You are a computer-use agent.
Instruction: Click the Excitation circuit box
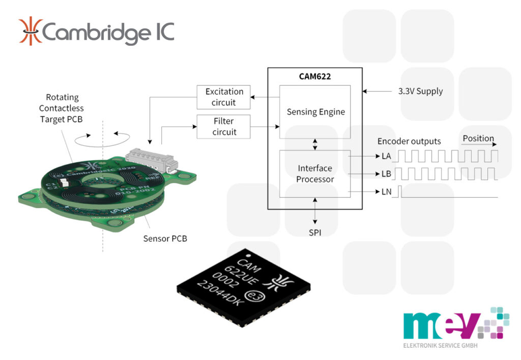[224, 97]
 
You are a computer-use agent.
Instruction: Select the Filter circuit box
[224, 127]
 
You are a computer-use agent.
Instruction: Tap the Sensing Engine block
[315, 112]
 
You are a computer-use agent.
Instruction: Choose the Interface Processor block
[315, 173]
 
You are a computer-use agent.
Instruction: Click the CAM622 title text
[315, 77]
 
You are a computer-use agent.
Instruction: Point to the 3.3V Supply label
[420, 92]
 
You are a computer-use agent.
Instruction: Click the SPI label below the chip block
[315, 232]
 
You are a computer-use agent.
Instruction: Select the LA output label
[386, 156]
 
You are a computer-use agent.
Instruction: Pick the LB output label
[386, 174]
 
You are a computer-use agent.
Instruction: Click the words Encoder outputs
[409, 141]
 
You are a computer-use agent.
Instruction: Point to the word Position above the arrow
[478, 138]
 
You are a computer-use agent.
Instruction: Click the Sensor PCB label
[164, 238]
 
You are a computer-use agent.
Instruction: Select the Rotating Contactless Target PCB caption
[62, 108]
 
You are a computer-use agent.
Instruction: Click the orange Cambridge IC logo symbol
[30, 32]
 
